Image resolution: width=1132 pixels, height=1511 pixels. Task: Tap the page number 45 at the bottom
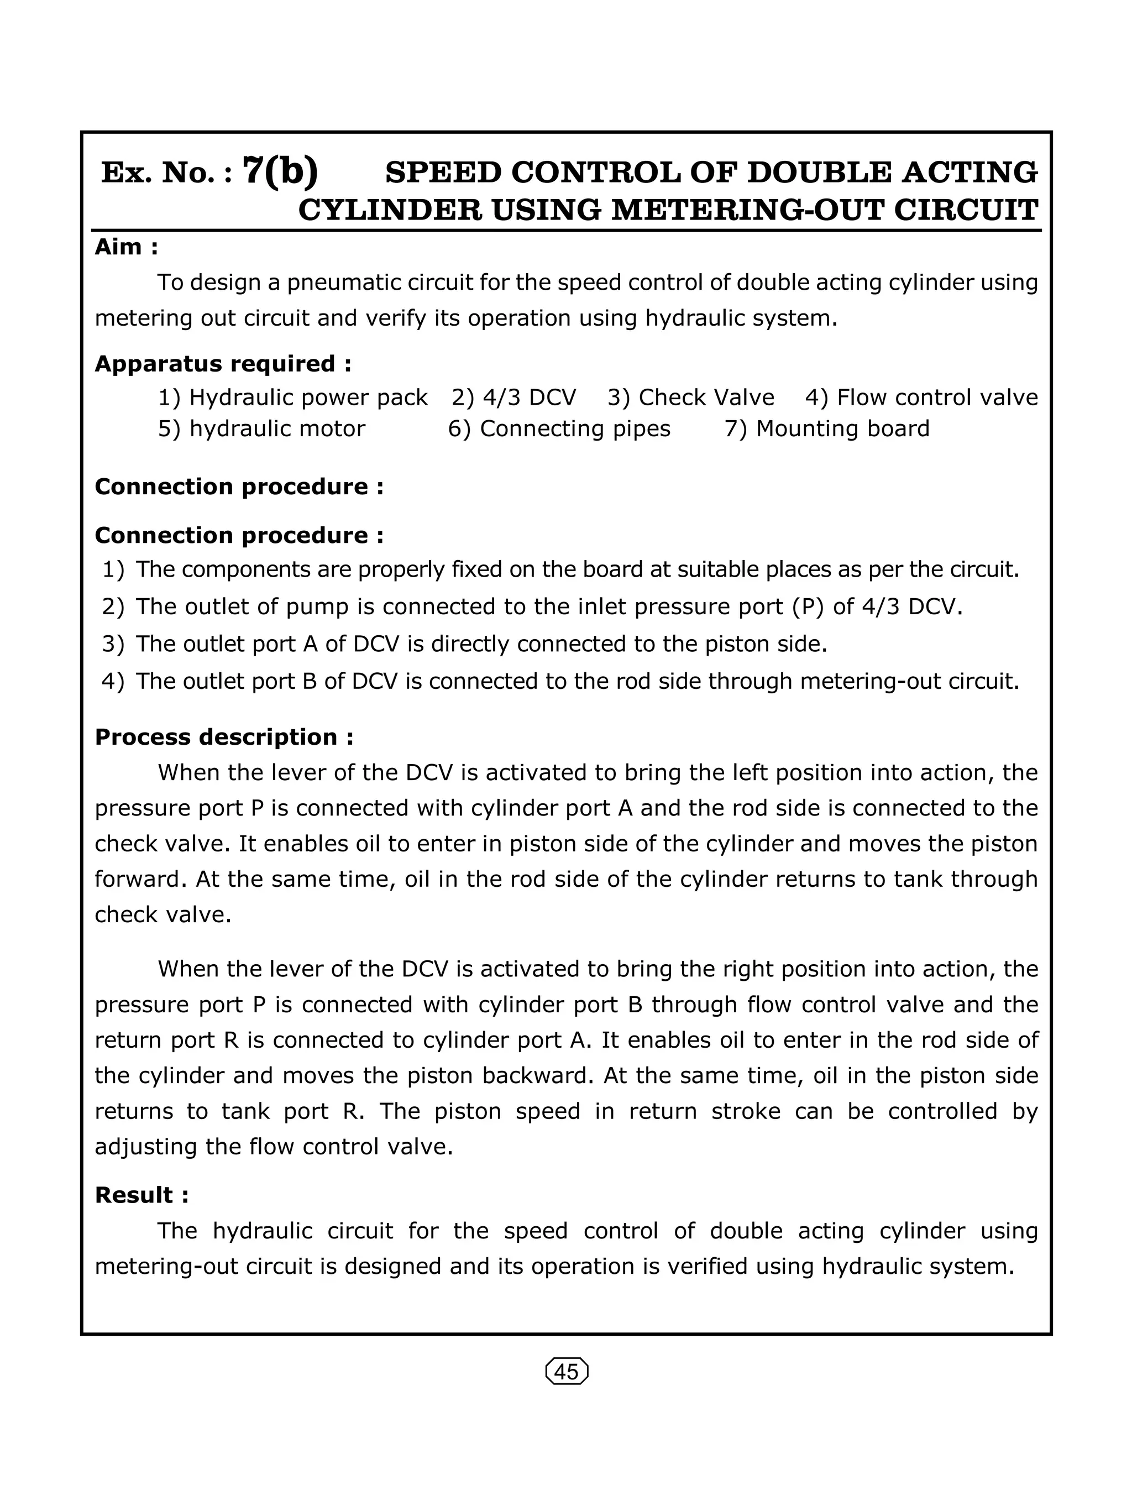coord(566,1372)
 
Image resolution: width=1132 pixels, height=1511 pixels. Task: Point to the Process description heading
coord(224,737)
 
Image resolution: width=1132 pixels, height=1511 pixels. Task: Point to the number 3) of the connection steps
coord(113,644)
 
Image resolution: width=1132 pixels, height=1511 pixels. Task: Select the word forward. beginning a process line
coord(139,879)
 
